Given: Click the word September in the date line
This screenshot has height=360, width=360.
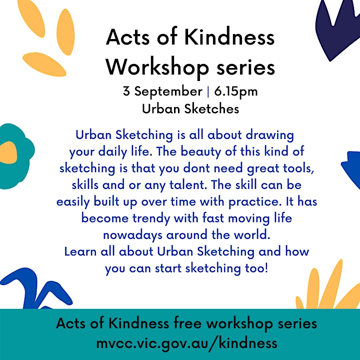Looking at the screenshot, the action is [x=168, y=92].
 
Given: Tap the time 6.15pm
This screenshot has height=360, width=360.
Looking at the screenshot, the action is [x=236, y=92].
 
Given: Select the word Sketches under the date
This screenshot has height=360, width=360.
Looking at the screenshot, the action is [x=211, y=109].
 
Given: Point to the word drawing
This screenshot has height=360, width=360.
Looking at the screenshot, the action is [x=270, y=135].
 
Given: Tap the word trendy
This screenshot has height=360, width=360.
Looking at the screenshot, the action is [x=151, y=218].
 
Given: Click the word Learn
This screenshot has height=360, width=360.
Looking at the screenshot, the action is [x=80, y=251].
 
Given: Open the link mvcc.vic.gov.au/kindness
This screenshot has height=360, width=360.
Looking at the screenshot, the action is [x=186, y=343].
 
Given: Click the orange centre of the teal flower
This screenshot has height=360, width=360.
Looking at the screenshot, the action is [x=8, y=152].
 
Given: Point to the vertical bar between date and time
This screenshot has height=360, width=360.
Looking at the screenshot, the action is [x=208, y=92].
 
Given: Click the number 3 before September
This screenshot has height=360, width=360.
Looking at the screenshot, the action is [x=126, y=91].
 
